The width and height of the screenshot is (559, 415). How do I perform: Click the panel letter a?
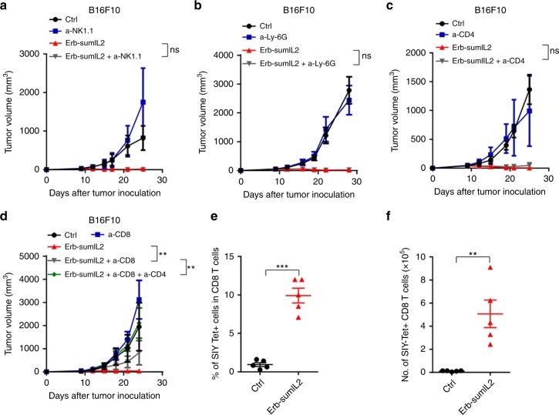click(x=6, y=7)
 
